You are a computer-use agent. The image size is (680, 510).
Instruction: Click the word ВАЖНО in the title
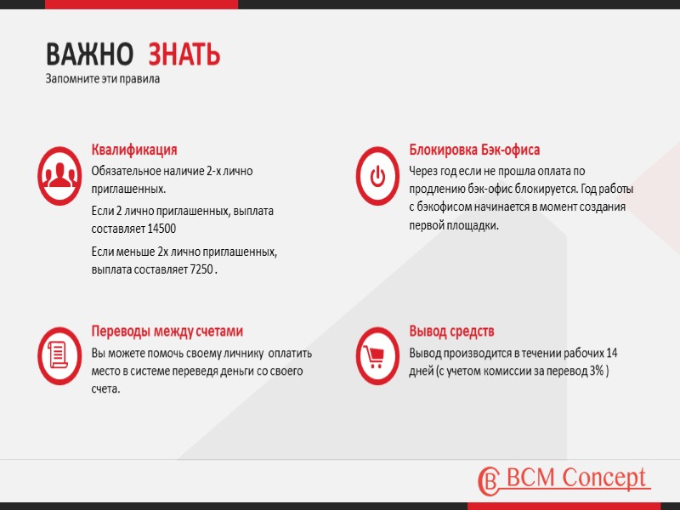point(89,54)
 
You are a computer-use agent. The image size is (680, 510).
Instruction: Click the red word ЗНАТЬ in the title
point(184,54)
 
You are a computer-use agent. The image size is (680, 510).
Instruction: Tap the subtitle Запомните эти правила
point(102,79)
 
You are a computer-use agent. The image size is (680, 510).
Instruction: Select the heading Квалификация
point(134,150)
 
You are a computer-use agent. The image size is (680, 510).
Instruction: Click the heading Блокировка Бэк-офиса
point(474,150)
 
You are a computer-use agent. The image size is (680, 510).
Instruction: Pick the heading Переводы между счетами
point(167,331)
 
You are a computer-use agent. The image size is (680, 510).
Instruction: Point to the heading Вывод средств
point(451,331)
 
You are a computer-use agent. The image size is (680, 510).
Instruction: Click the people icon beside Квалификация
point(59,176)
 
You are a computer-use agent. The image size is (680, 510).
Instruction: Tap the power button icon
point(377,176)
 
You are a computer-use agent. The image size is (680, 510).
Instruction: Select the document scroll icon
point(59,354)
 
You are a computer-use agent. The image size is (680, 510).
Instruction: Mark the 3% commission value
point(596,371)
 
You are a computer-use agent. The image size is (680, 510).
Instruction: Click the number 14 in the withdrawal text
point(611,353)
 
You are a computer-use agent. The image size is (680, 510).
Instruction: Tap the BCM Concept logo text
point(575,478)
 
